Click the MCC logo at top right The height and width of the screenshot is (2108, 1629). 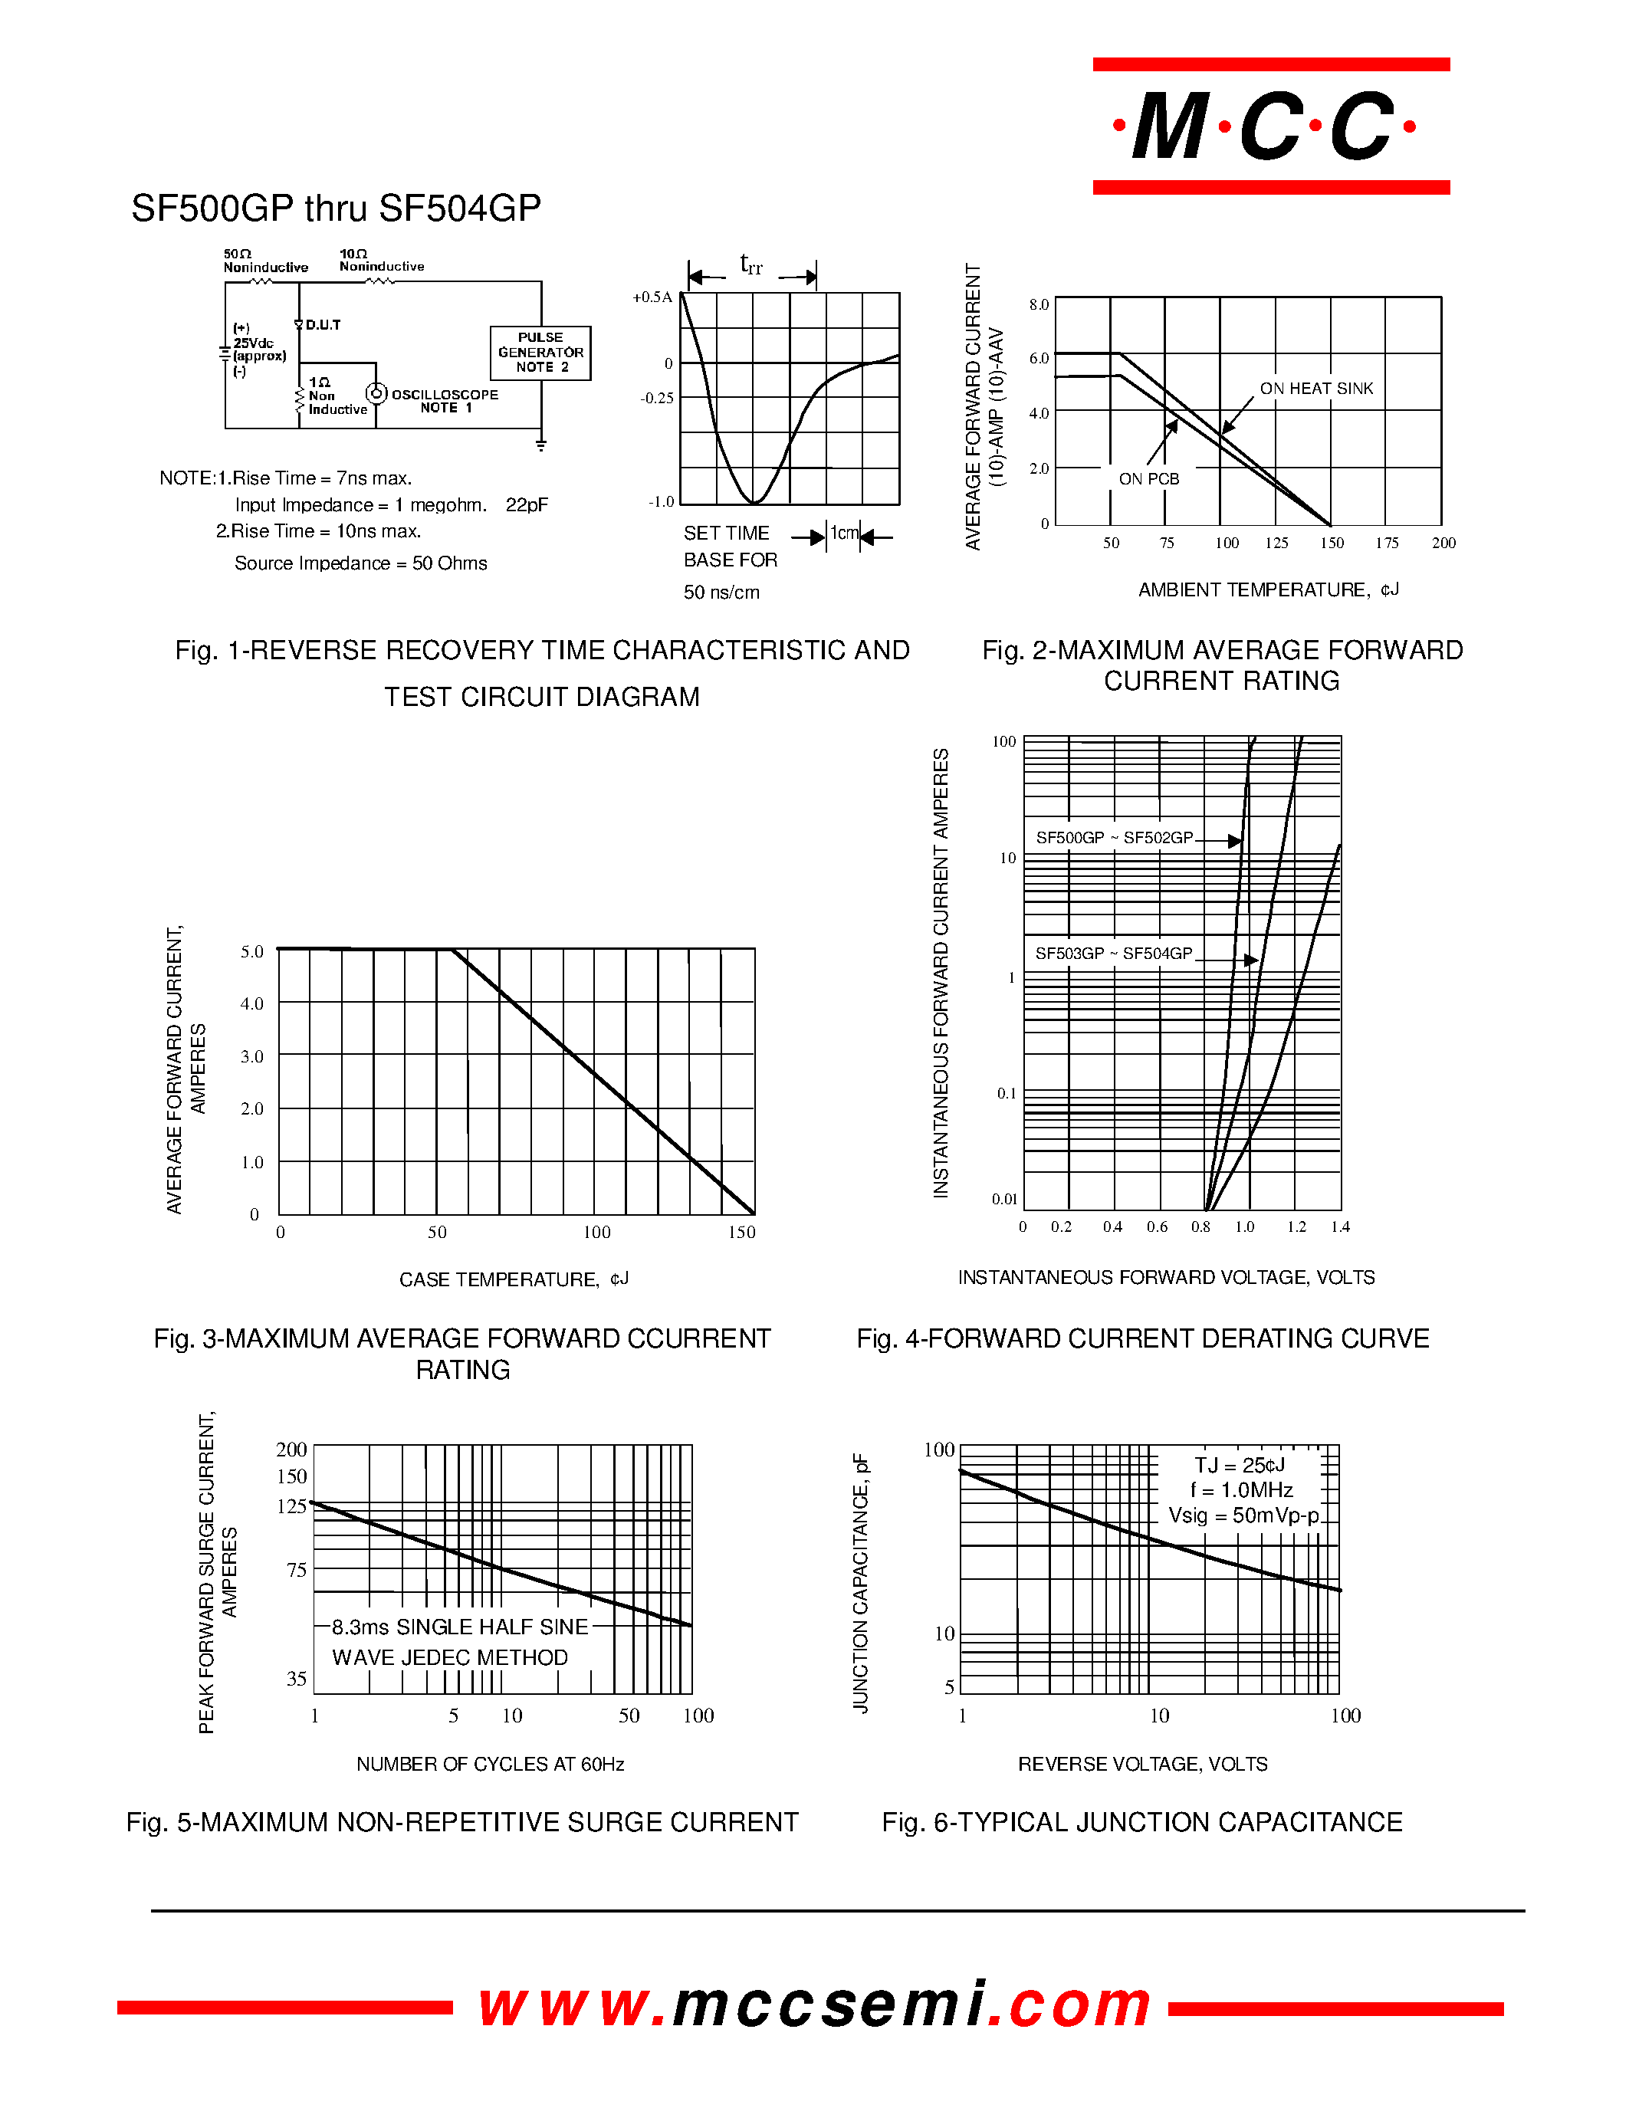click(x=1270, y=126)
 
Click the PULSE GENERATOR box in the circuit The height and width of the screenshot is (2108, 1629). click(x=540, y=353)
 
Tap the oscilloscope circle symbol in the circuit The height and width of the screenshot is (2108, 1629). click(x=376, y=394)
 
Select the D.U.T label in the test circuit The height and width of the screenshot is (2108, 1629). click(x=322, y=325)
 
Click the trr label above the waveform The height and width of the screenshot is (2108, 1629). click(x=750, y=264)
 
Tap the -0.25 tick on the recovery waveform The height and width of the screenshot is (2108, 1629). click(x=657, y=398)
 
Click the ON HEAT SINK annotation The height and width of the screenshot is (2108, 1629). click(x=1315, y=388)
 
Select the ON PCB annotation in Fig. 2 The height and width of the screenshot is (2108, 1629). click(x=1148, y=479)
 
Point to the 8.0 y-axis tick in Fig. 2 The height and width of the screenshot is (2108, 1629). click(x=1039, y=305)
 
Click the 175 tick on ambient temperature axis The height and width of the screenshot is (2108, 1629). click(x=1387, y=543)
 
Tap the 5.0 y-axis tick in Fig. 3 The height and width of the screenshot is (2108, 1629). click(x=252, y=952)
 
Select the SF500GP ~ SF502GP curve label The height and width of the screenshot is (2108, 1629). click(x=1114, y=838)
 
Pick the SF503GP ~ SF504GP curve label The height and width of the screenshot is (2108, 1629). click(x=1114, y=954)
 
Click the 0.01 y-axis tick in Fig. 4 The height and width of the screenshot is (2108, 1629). click(x=1005, y=1199)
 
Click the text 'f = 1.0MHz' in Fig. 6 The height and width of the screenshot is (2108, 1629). click(x=1241, y=1490)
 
